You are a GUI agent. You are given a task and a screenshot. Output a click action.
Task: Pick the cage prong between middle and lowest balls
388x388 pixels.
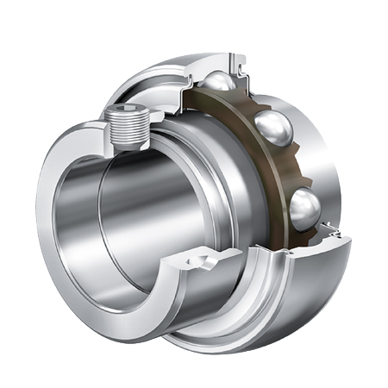290,168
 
